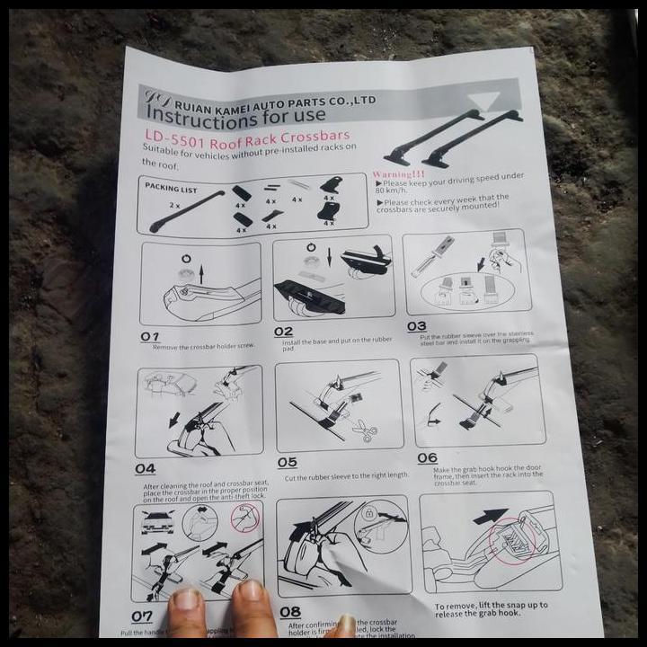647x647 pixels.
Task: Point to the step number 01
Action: (x=149, y=336)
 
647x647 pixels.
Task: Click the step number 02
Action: (x=283, y=332)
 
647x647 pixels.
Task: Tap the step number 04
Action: (x=145, y=468)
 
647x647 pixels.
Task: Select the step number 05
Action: (x=287, y=462)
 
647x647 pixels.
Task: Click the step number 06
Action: (x=427, y=458)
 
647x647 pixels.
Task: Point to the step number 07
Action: (x=142, y=616)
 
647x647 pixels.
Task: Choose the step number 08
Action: (x=289, y=612)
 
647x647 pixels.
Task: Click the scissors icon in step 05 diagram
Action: (x=364, y=431)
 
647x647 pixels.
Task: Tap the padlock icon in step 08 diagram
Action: (x=368, y=512)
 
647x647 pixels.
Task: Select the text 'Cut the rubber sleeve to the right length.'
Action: (x=346, y=475)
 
